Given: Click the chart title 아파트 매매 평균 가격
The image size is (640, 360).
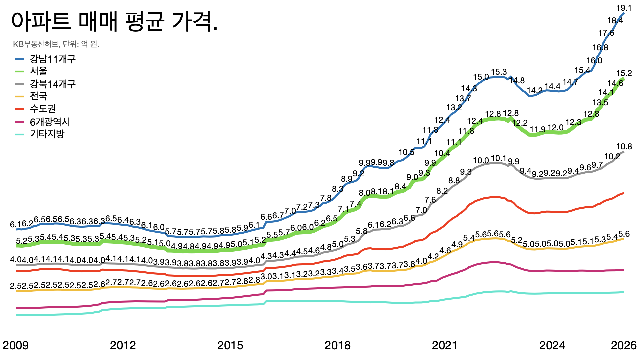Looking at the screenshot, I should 115,21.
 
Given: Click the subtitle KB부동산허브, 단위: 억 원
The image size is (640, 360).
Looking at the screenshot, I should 56,44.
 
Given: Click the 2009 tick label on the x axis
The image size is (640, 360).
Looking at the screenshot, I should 16,345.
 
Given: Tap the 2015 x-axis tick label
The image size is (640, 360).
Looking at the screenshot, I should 230,345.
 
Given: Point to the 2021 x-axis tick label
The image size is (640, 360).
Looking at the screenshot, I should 445,345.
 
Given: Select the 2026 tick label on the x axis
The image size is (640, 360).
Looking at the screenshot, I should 623,345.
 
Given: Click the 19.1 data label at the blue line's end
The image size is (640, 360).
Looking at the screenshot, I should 624,8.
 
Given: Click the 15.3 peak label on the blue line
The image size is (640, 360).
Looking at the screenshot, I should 499,72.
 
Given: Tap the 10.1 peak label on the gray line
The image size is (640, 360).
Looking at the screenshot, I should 499,158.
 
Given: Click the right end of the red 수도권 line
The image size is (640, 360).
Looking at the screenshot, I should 624,193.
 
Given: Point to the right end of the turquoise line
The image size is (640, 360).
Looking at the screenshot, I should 624,292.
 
